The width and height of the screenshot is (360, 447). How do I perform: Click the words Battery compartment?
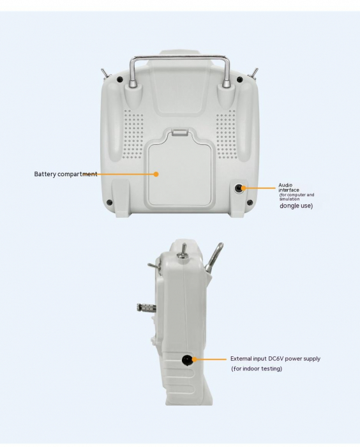click(66, 174)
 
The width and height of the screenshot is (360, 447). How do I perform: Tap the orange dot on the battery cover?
click(156, 174)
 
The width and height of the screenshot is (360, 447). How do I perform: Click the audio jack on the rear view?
click(238, 188)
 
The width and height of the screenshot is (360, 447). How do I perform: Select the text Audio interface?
click(289, 187)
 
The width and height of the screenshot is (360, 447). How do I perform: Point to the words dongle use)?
click(296, 206)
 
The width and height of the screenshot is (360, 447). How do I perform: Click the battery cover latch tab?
click(180, 132)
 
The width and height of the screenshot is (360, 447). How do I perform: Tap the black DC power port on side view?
click(186, 360)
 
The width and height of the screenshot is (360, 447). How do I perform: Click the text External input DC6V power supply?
click(275, 359)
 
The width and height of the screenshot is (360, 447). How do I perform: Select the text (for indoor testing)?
click(257, 368)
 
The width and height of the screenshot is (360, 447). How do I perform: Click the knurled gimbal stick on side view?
click(146, 307)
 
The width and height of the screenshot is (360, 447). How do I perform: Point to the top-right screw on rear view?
click(240, 80)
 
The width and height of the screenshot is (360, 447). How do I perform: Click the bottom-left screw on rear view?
click(109, 202)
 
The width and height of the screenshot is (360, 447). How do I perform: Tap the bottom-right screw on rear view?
click(250, 202)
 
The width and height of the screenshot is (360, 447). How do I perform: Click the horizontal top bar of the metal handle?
click(179, 58)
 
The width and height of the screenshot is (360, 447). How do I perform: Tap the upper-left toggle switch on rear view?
click(106, 74)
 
